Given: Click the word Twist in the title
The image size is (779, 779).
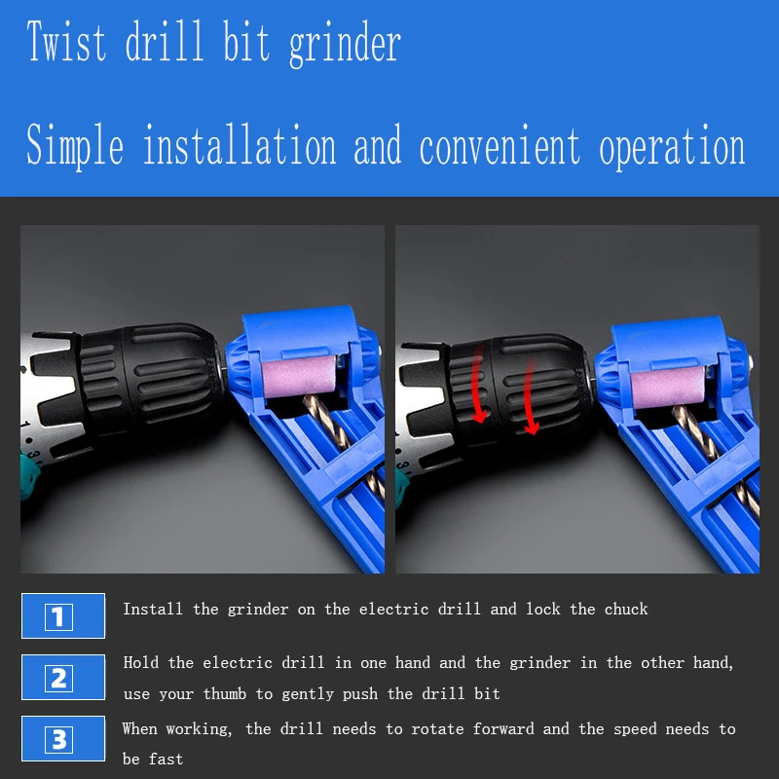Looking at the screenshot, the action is coord(66,41).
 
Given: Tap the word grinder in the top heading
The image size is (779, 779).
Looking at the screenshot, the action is coord(345,45).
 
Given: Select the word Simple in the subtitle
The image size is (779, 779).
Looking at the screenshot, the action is coord(75,145).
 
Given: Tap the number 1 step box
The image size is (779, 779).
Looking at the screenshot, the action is coord(63,615).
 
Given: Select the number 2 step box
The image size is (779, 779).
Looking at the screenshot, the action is coord(63,677).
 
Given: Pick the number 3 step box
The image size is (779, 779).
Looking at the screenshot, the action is coord(63,738).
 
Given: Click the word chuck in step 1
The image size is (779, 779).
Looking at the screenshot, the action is coord(626,609).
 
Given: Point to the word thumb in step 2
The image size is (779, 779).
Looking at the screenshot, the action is coord(225,693).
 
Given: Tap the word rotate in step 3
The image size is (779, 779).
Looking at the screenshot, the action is coord(437,728).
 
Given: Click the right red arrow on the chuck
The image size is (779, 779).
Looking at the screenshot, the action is coord(530,395).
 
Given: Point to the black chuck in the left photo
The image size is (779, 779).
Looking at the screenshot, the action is coord(149,378).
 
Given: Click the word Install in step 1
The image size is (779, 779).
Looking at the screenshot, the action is coord(153,609).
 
